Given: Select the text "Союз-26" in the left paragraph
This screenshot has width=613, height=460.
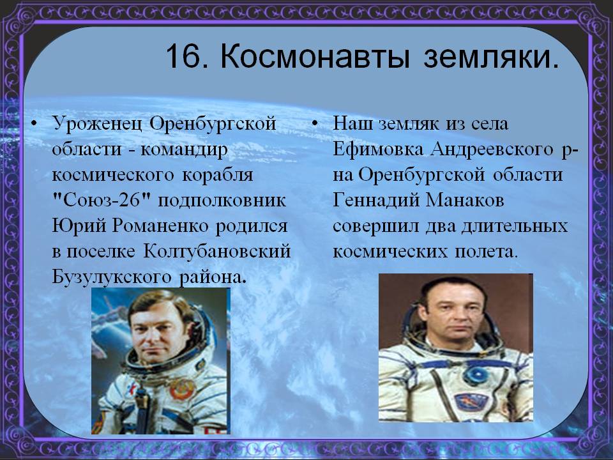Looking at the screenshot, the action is click(x=102, y=200).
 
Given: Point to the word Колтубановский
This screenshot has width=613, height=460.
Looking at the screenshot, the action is click(x=217, y=252).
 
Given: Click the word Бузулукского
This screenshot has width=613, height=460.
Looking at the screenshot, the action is click(x=111, y=277).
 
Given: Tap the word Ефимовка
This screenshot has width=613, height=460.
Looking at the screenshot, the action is click(x=378, y=149).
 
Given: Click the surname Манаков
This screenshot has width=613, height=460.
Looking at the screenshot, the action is click(x=464, y=200).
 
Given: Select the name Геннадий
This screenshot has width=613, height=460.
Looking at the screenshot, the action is click(x=375, y=200).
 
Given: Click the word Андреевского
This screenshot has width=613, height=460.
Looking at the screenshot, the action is click(x=492, y=149).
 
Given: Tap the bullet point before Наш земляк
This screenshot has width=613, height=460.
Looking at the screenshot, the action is click(x=315, y=125).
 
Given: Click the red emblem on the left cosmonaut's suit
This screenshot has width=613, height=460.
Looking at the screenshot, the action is click(x=183, y=389).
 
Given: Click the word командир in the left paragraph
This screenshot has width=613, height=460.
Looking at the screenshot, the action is click(x=184, y=149).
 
